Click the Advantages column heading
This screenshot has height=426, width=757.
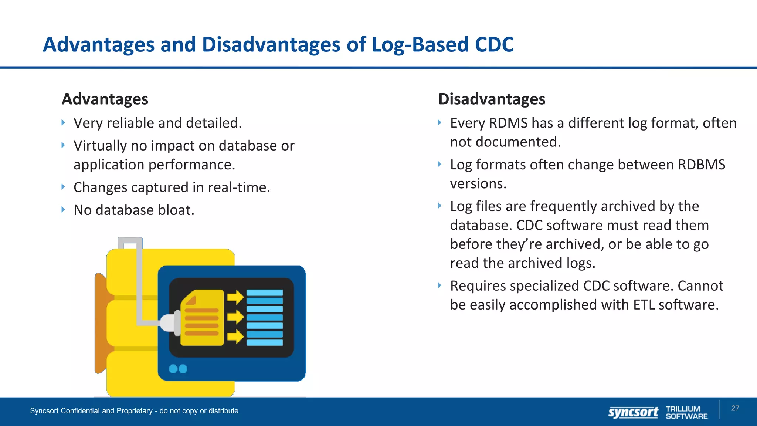105,99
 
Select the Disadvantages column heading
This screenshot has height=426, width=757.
492,99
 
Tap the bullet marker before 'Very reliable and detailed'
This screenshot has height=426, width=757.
63,122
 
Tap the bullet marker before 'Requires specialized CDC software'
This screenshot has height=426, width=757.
439,285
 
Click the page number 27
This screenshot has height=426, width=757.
735,408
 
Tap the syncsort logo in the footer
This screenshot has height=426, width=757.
633,412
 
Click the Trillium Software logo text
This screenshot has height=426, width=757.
686,412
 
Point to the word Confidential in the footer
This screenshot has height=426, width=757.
80,411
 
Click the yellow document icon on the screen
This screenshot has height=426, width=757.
202,318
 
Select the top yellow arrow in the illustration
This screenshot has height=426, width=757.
235,297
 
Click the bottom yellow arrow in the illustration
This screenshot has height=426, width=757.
235,337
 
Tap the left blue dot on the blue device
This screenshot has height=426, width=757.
173,369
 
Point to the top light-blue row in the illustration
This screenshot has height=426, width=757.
265,293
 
